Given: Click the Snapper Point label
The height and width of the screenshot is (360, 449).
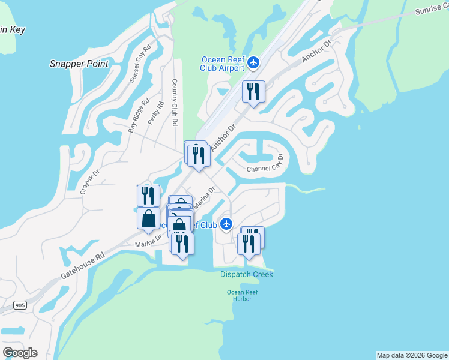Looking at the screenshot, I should pyautogui.click(x=79, y=64).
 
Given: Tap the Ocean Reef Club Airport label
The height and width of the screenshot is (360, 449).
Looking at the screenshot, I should pyautogui.click(x=221, y=64).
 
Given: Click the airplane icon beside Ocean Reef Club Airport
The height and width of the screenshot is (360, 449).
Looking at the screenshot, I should pyautogui.click(x=253, y=62).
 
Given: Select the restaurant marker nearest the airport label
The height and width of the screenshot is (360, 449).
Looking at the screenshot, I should pyautogui.click(x=253, y=92).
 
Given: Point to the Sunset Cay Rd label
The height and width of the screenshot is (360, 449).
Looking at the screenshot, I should pyautogui.click(x=140, y=64).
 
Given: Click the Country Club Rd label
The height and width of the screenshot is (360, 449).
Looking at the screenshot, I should pyautogui.click(x=175, y=102).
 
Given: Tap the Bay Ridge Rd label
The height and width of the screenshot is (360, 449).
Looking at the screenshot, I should pyautogui.click(x=137, y=116).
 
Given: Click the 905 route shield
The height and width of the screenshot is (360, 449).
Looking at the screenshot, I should pyautogui.click(x=20, y=305).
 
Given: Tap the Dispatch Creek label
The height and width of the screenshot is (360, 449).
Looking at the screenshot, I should pyautogui.click(x=246, y=274).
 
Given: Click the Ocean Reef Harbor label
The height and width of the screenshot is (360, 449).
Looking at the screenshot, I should pyautogui.click(x=243, y=296).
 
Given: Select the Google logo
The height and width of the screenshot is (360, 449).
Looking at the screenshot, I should pyautogui.click(x=20, y=353).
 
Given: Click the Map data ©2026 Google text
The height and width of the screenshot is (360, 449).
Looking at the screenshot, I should pyautogui.click(x=412, y=355).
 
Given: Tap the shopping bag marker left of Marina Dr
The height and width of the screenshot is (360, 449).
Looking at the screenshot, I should pyautogui.click(x=148, y=218).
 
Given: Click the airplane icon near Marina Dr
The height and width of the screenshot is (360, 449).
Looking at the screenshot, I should pyautogui.click(x=226, y=224).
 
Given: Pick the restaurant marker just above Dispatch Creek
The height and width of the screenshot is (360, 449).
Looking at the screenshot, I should pyautogui.click(x=249, y=244).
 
